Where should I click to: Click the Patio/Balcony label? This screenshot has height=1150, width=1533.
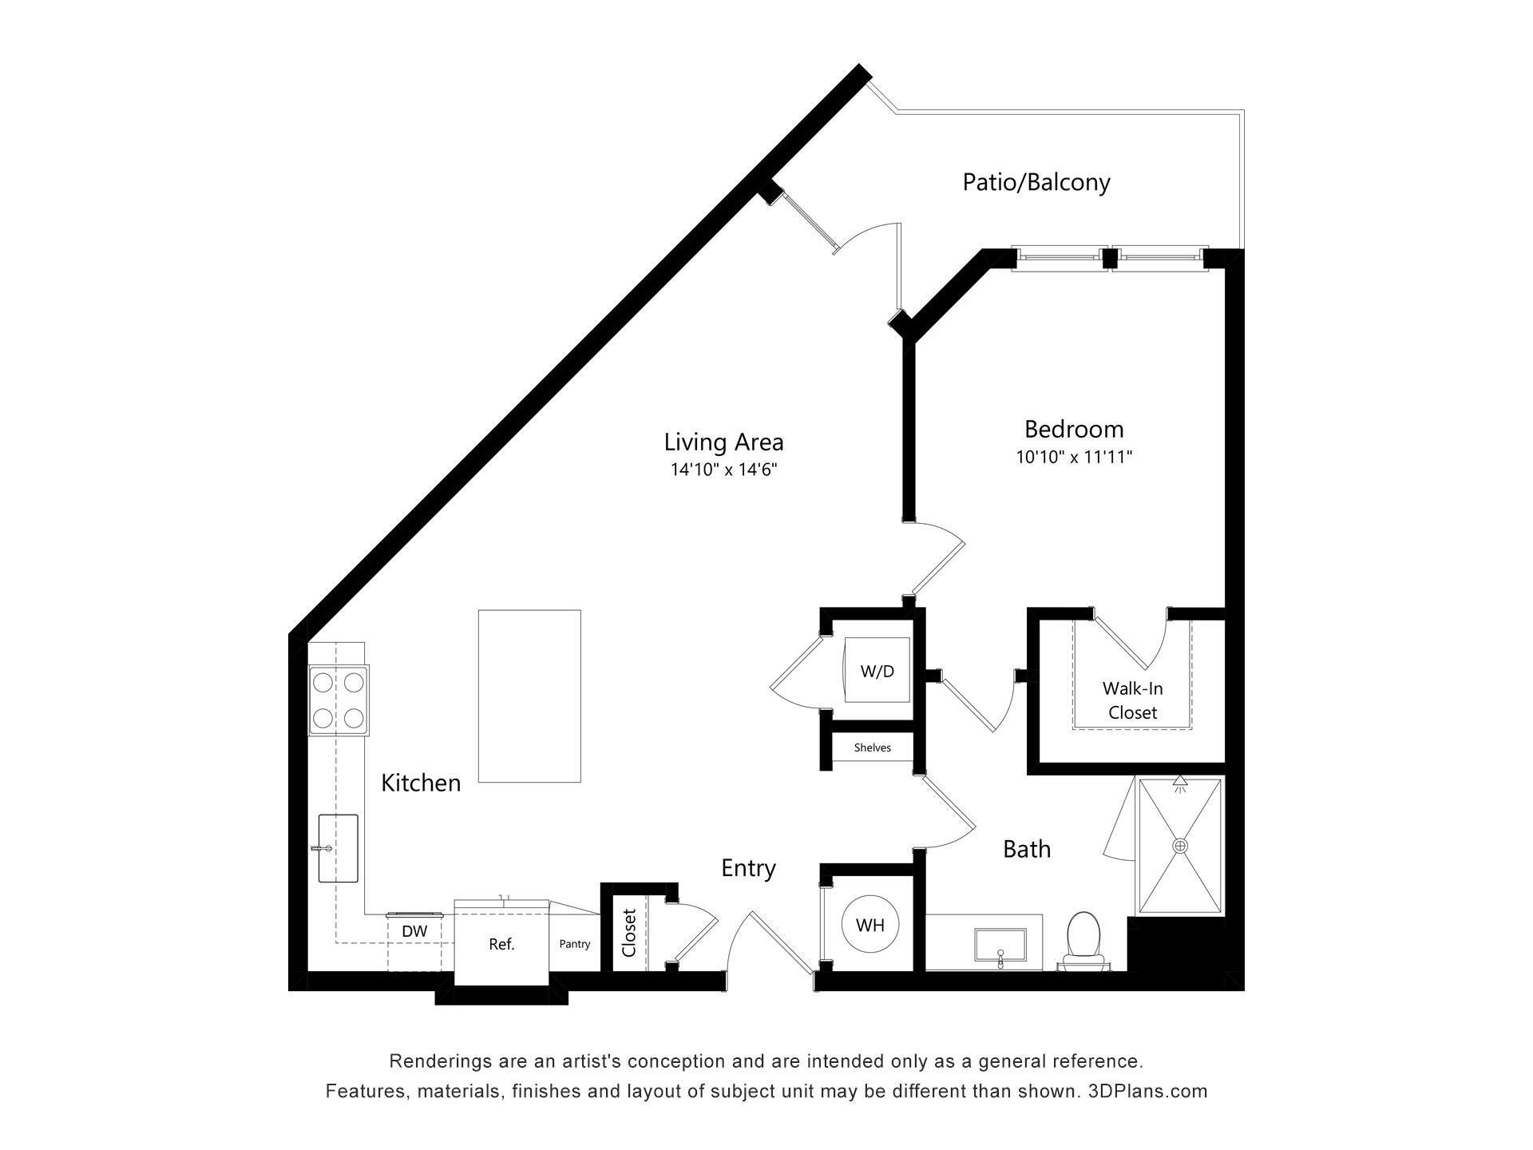point(1036,182)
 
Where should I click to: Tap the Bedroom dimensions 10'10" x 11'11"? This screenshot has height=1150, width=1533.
point(1074,458)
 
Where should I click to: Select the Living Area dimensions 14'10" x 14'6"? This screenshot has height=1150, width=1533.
point(723,470)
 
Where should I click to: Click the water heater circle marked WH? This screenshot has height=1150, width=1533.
point(870,925)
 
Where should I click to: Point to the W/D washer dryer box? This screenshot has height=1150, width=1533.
point(877,671)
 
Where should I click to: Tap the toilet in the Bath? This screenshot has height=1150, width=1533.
point(1083,939)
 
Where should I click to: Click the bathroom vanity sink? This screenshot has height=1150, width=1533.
point(1000,946)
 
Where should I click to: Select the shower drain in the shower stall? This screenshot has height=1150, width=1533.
point(1180,845)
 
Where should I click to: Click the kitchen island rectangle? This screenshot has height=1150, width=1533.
point(529,696)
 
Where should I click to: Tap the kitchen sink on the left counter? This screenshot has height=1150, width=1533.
point(338,848)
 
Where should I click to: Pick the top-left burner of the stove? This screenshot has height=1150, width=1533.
point(323,683)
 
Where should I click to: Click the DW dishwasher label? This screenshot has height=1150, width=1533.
point(414,931)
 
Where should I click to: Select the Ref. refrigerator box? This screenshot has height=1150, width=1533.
point(501,944)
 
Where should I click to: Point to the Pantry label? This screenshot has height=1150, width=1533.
point(574,944)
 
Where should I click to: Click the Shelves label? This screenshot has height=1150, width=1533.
point(872,747)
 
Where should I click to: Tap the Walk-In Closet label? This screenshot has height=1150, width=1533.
point(1132,700)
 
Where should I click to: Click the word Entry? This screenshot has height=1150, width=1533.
point(748,868)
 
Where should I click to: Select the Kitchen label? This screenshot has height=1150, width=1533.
point(421,783)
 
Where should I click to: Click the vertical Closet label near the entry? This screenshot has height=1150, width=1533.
point(629,933)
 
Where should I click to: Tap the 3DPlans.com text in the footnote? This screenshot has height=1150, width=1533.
point(1147,1091)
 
